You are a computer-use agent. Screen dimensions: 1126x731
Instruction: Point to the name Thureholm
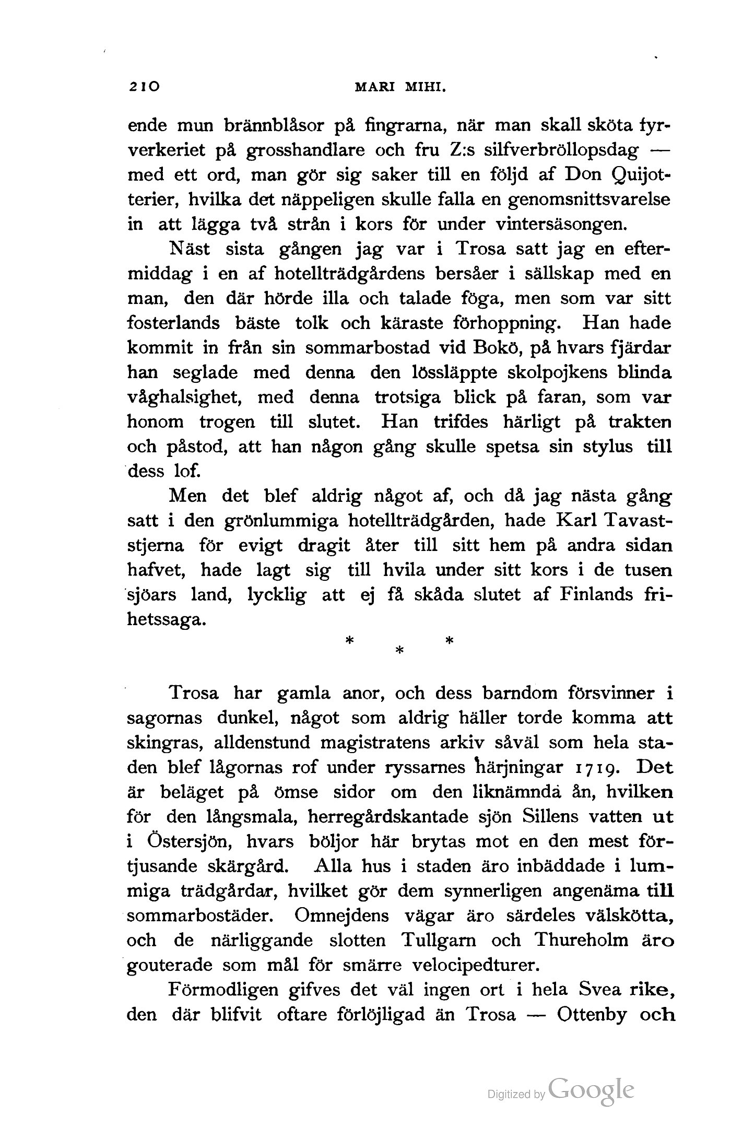click(x=588, y=941)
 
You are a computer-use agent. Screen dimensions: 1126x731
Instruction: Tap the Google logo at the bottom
click(x=591, y=1089)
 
